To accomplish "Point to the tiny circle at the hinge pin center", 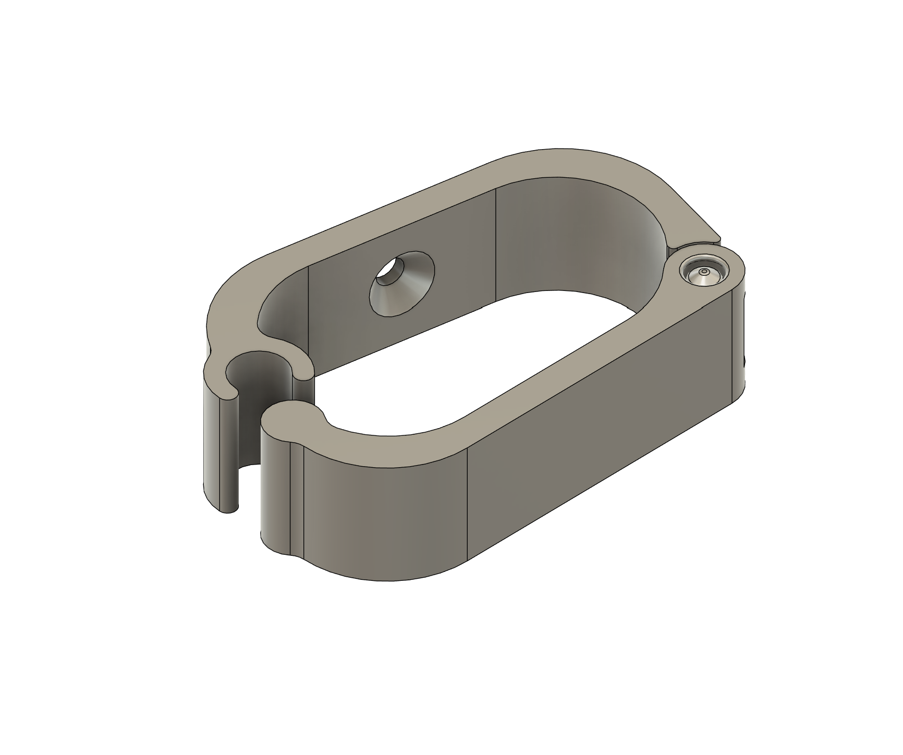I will point(704,272).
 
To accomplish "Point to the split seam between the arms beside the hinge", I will point(693,242).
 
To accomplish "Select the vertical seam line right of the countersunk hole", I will point(495,245).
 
